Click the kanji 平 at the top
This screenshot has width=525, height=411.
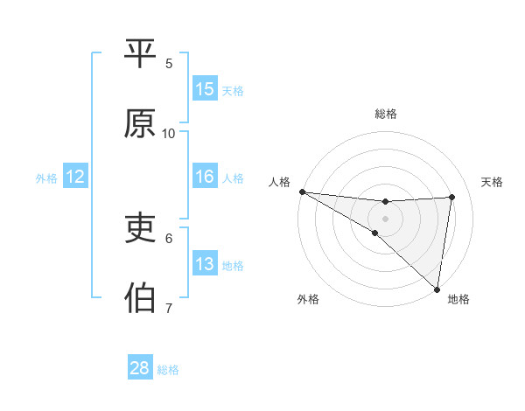[x=140, y=54]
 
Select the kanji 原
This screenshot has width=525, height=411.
[x=140, y=125]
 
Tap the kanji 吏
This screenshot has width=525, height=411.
[x=140, y=229]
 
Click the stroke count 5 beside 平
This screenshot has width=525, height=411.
[x=170, y=63]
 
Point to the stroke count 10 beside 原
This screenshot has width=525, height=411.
[x=169, y=133]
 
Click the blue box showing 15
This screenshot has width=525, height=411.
[x=205, y=89]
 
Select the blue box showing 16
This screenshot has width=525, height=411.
[x=205, y=177]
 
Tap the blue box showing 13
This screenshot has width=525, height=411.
[x=205, y=264]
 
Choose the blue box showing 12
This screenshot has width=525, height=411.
[x=75, y=177]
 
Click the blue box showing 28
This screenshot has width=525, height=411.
[x=140, y=368]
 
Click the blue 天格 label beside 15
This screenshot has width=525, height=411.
[x=233, y=90]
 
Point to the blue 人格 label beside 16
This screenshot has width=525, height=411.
[x=233, y=178]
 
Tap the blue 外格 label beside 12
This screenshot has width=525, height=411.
[x=46, y=178]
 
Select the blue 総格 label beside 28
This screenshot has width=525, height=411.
[x=168, y=369]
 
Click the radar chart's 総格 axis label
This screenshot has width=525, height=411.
[x=386, y=114]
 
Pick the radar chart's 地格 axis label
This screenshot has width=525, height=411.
[x=458, y=300]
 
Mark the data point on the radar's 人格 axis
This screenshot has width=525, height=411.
[x=302, y=191]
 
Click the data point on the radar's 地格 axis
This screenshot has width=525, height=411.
[x=437, y=289]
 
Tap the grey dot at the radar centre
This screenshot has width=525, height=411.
[x=386, y=218]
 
